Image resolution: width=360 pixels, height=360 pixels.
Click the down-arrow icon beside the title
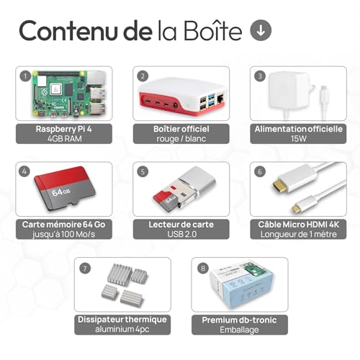point(261,30)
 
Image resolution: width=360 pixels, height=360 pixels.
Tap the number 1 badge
point(25,76)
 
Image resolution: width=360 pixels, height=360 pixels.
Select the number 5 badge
point(143,171)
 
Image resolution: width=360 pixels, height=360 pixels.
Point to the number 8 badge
point(203,268)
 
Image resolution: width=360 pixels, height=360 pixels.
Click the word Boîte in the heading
point(213,31)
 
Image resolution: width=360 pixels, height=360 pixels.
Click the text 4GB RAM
point(64,139)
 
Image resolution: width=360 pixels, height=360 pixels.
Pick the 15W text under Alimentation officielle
point(298,139)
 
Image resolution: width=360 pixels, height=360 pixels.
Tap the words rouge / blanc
point(181,139)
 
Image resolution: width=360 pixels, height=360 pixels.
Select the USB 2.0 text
point(182,234)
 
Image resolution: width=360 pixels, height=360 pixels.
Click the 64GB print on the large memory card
point(61,192)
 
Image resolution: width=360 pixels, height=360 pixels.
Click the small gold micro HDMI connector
point(297,208)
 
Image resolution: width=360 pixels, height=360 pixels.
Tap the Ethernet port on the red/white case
point(220,98)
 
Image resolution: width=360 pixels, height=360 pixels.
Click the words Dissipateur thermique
point(122,320)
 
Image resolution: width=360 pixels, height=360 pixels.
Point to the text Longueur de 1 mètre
point(299,234)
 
